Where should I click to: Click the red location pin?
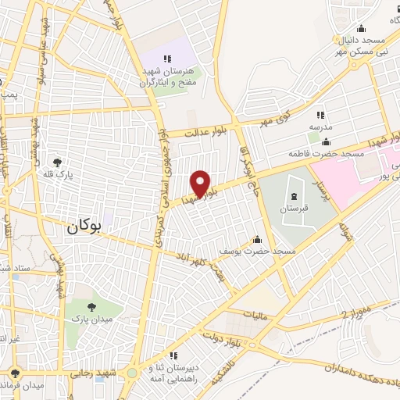coord(201,184)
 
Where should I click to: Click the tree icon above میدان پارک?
coord(92,307)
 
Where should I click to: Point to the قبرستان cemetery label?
coord(296,209)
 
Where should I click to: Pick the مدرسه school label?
coord(320,127)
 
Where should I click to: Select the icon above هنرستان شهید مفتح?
coord(167,59)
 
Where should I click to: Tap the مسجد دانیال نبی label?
coord(361,45)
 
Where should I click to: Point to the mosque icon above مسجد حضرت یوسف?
coord(257,240)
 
